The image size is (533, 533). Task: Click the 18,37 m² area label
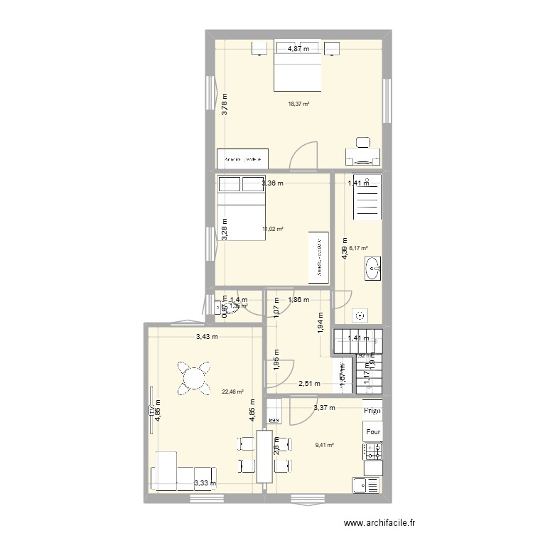click(x=298, y=104)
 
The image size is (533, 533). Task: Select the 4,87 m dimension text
click(x=298, y=49)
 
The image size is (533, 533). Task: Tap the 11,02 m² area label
click(x=273, y=229)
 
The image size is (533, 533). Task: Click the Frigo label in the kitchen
click(x=372, y=411)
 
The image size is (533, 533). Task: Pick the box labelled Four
click(x=372, y=432)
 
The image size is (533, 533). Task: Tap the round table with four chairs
click(x=194, y=377)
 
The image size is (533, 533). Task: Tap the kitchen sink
click(x=366, y=485)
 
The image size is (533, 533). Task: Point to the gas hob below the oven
click(x=372, y=451)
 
